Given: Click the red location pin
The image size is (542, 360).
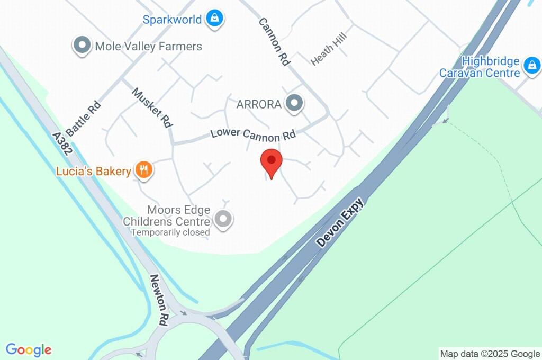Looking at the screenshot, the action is pyautogui.click(x=272, y=162).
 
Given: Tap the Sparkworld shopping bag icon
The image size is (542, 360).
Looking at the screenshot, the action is pyautogui.click(x=215, y=19).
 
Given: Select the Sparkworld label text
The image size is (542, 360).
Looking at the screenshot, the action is pyautogui.click(x=173, y=20).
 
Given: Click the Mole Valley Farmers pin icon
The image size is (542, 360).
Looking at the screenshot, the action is pyautogui.click(x=82, y=46).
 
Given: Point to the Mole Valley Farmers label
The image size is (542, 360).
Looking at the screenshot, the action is pyautogui.click(x=149, y=47).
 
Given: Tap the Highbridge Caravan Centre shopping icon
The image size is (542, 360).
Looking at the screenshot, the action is pyautogui.click(x=531, y=66).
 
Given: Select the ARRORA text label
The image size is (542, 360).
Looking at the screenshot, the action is pyautogui.click(x=259, y=104).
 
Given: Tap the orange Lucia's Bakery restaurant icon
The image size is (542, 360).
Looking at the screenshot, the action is pyautogui.click(x=143, y=170).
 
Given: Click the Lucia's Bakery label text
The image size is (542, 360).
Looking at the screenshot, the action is pyautogui.click(x=94, y=172).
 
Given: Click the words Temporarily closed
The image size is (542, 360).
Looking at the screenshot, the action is pyautogui.click(x=170, y=232).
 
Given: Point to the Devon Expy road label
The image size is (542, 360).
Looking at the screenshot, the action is pyautogui.click(x=340, y=222).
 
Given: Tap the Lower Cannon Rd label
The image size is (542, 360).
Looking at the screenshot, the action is pyautogui.click(x=253, y=133).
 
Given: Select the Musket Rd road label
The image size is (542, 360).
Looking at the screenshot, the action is pyautogui.click(x=152, y=107).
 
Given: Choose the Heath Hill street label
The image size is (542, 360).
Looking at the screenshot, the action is pyautogui.click(x=328, y=51).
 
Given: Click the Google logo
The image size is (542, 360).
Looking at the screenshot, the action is pyautogui.click(x=29, y=350).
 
